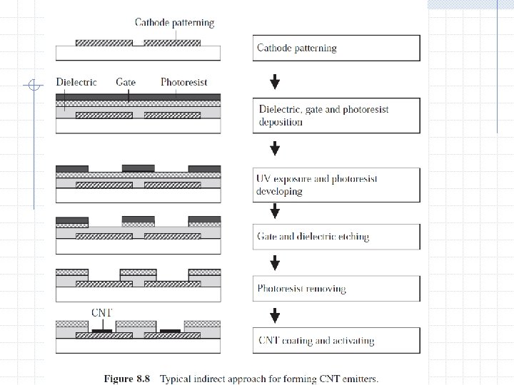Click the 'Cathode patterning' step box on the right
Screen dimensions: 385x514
point(336,48)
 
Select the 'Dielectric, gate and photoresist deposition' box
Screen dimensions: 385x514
point(336,115)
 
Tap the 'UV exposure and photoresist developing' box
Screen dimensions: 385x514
point(336,185)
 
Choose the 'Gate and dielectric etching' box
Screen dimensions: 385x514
point(336,236)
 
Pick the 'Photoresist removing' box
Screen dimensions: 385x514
point(336,288)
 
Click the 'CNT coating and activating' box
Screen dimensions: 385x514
point(336,340)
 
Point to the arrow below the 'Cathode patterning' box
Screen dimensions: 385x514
point(275,82)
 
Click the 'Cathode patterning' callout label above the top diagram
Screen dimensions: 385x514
point(174,22)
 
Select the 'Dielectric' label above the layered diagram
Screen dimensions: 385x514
point(76,83)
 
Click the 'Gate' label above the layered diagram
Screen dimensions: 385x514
point(126,83)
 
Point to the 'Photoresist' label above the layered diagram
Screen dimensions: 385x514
point(184,83)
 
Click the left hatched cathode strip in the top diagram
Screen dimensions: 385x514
point(104,43)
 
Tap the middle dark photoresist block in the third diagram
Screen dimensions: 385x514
point(138,169)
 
